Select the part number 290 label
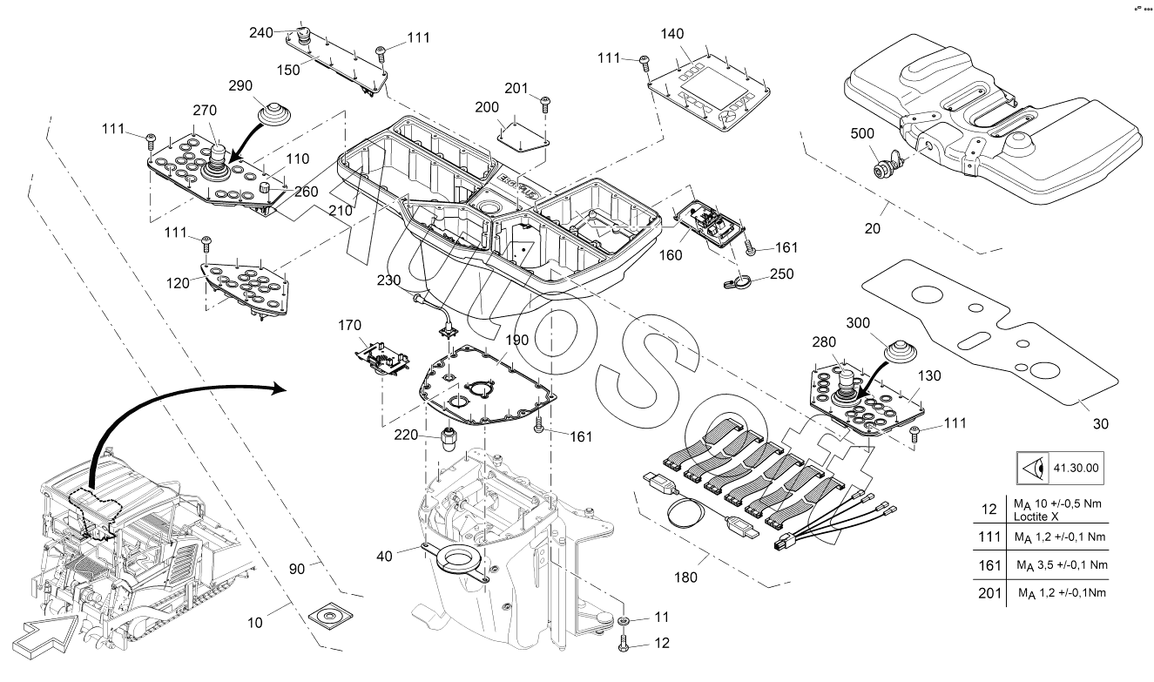[241, 86]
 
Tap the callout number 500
[863, 136]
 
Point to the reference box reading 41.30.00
[1076, 468]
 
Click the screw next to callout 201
[545, 104]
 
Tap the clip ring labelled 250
[737, 280]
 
